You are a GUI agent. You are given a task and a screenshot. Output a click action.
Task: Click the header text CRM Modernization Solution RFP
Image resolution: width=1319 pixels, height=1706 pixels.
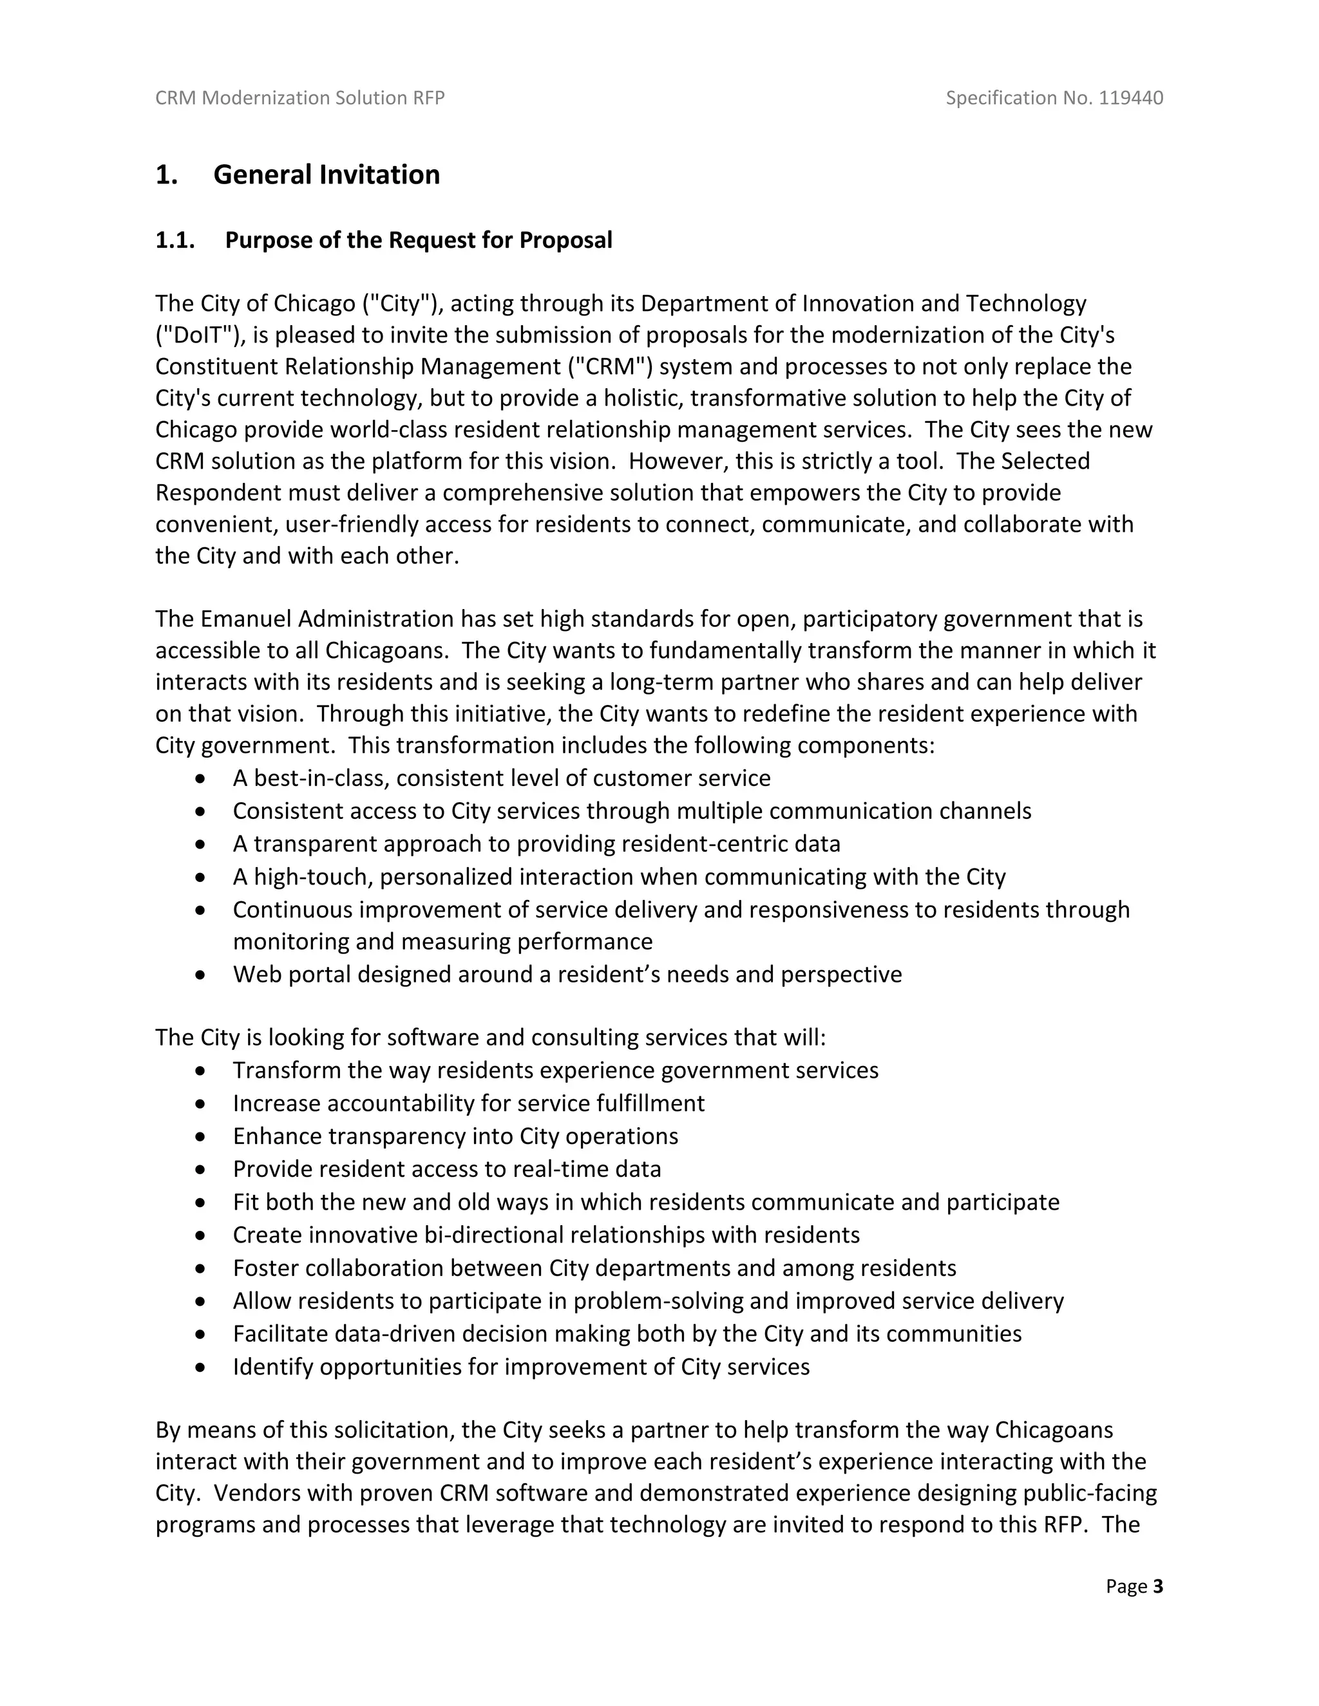(300, 98)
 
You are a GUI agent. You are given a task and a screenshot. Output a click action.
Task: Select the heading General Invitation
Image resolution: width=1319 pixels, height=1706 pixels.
(326, 174)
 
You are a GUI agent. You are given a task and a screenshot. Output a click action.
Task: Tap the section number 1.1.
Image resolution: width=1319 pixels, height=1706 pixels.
(175, 240)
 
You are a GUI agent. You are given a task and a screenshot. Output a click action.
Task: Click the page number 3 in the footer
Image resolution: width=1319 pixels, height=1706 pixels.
(1157, 1586)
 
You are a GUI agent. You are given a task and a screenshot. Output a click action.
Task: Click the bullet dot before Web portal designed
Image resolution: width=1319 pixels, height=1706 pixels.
(202, 975)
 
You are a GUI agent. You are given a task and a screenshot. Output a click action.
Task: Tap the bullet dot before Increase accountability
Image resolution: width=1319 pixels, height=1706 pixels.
(202, 1103)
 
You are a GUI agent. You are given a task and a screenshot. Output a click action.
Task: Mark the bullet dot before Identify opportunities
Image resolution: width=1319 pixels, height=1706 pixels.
(202, 1367)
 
